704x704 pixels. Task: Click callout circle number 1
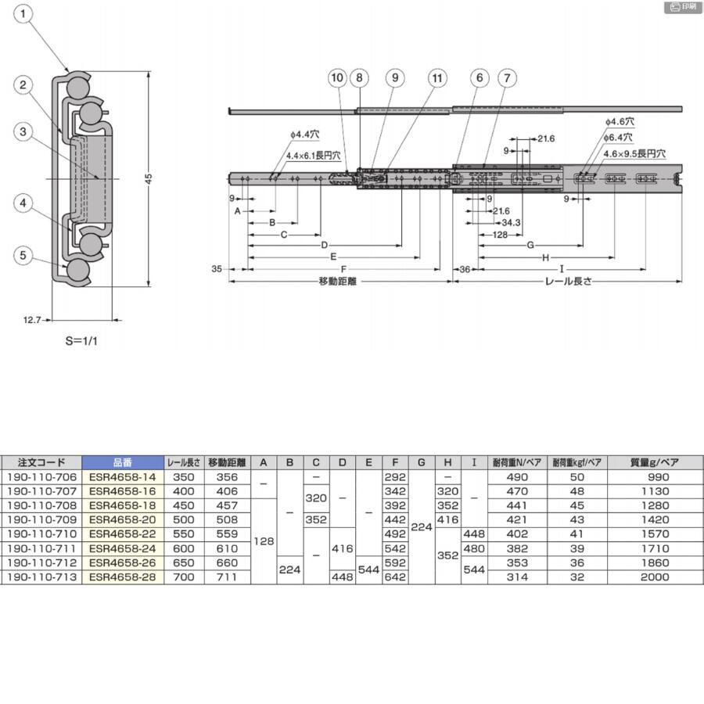[x=25, y=13]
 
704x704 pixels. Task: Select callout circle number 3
[x=24, y=131]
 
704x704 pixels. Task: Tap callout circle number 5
[x=24, y=254]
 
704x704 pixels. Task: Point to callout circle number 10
[x=337, y=77]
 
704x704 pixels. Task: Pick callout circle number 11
[x=437, y=77]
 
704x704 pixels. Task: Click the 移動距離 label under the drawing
[x=337, y=281]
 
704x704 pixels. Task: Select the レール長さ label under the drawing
[x=568, y=281]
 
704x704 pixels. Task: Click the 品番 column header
[x=123, y=462]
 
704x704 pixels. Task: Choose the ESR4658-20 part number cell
[x=123, y=519]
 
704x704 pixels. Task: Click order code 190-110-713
[x=41, y=576]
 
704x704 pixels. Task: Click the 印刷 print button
[x=682, y=7]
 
